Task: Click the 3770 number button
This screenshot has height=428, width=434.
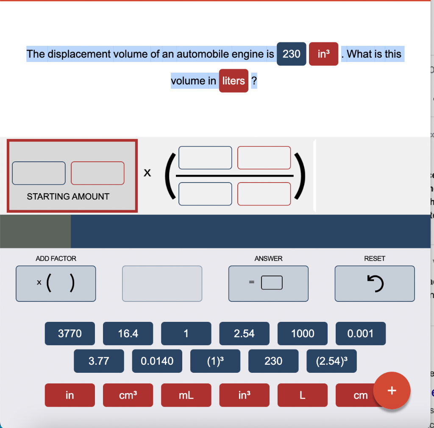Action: tap(70, 334)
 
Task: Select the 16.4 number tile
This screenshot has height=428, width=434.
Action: tap(128, 334)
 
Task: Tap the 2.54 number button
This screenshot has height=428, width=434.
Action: tap(244, 334)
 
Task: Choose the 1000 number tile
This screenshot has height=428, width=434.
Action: tap(303, 334)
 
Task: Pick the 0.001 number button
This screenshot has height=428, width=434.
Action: tap(361, 334)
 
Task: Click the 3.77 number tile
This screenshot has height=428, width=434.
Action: tap(99, 361)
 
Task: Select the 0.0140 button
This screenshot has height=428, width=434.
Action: tap(157, 361)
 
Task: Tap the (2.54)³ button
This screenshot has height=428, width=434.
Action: tap(331, 361)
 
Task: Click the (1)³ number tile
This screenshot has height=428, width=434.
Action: tap(215, 361)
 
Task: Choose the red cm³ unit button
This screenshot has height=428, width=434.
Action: tap(128, 395)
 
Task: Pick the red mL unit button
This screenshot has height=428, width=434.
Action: tap(186, 395)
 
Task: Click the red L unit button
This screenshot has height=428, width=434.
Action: tap(303, 395)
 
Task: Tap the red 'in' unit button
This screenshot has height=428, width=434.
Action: tap(70, 395)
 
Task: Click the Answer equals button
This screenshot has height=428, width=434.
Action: tap(268, 284)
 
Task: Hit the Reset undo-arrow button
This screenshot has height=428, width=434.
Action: tap(375, 284)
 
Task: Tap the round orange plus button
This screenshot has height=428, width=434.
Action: tap(392, 390)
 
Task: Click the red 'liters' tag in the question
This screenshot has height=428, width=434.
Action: tap(234, 81)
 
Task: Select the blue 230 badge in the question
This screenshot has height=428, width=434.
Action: tap(292, 54)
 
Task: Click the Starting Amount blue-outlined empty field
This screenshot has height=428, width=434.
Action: tap(39, 173)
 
